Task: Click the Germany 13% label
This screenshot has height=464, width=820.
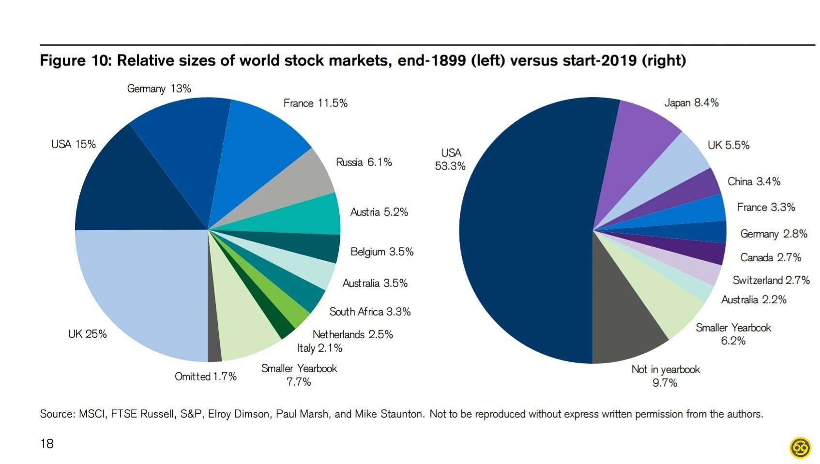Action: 159,89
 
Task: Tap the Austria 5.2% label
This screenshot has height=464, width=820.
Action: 379,212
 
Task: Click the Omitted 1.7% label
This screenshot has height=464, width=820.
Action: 206,376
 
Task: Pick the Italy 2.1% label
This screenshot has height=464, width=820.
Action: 319,348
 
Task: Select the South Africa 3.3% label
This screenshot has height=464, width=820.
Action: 370,312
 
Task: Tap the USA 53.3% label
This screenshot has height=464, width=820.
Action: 450,159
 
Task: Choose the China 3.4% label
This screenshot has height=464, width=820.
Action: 754,181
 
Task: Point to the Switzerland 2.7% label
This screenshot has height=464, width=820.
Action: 771,280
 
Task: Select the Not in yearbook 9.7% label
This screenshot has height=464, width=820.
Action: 665,376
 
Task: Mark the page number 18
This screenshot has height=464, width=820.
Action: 47,444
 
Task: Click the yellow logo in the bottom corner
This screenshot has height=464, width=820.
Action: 800,448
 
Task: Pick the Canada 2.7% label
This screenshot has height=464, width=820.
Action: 771,257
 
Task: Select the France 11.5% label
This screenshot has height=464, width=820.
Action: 315,103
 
